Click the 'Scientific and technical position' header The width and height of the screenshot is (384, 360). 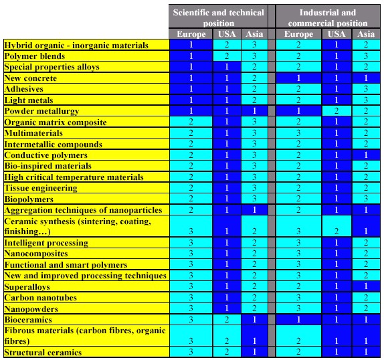coord(218,17)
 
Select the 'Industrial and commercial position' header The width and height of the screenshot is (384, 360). coord(328,17)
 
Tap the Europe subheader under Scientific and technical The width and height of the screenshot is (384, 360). coord(191,34)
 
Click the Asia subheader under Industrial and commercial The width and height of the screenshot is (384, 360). coord(366,34)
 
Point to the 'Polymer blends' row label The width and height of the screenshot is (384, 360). coord(35,56)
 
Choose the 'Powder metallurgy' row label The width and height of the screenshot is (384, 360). coord(41,111)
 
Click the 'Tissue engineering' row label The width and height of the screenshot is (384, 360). coord(41,188)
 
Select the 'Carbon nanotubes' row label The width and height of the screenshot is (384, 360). coord(40,298)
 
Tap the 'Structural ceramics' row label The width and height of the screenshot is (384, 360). coord(43,353)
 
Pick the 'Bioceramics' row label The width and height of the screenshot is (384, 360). coord(28,320)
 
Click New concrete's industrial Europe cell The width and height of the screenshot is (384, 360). coord(298,78)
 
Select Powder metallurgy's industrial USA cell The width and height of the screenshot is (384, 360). coord(337,111)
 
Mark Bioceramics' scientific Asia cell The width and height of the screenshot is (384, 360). coord(254,320)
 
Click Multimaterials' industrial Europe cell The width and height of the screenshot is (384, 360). coord(298,133)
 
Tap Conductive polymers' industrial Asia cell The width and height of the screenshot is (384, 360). coord(366,155)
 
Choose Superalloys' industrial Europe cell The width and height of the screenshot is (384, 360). coord(298,286)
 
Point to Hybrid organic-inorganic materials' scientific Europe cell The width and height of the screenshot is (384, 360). coord(191,45)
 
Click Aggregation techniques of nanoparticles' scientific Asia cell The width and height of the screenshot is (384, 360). coord(254,210)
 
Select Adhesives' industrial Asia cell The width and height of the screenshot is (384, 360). coord(366,88)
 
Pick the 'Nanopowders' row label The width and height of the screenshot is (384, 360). coord(31,309)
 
